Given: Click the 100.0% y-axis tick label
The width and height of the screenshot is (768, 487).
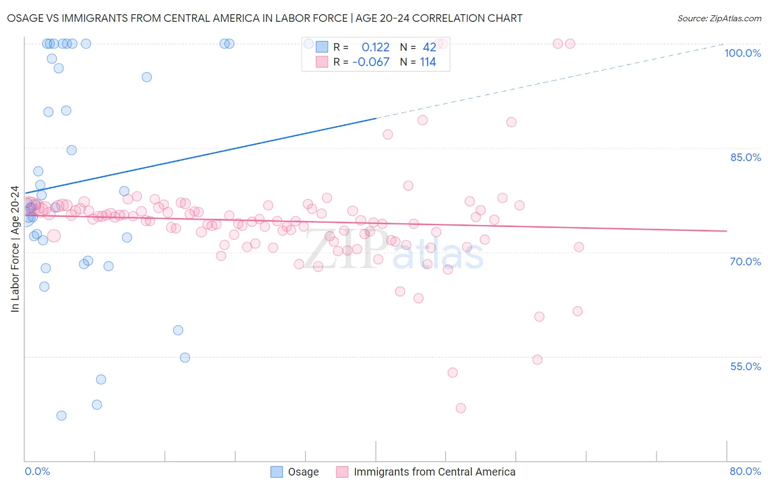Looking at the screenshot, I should click(x=742, y=53).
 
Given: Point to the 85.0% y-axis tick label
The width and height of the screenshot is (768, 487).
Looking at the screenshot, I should click(x=745, y=157).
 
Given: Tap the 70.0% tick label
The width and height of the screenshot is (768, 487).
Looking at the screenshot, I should click(x=745, y=262).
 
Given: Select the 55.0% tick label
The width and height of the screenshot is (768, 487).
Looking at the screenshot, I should click(x=745, y=366).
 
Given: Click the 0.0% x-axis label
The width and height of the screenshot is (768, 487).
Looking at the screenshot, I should click(x=37, y=471).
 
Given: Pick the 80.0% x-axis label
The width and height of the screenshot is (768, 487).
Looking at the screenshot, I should click(x=745, y=471).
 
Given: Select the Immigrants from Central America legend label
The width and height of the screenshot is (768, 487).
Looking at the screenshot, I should click(x=434, y=472).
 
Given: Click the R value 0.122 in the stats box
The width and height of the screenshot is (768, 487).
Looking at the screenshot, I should click(x=376, y=47).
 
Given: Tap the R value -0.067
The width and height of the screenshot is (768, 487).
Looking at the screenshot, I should click(x=371, y=62).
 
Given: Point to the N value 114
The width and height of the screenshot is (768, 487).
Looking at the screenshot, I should click(x=428, y=62).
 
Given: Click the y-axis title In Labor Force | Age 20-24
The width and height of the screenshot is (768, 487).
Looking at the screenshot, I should click(x=15, y=249).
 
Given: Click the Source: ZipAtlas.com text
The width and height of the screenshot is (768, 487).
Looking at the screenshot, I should click(x=719, y=19).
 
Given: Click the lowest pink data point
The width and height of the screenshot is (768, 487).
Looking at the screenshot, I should click(x=460, y=408).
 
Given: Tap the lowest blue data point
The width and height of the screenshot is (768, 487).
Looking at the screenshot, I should click(x=62, y=415).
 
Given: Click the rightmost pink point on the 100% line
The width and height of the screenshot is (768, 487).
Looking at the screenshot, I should click(x=570, y=44).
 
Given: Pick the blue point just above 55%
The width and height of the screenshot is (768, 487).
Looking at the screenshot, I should click(x=185, y=358).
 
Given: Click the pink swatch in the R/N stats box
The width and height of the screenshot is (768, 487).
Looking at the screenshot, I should click(x=322, y=62).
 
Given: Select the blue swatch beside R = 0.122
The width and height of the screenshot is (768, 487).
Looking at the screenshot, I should click(x=322, y=47).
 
